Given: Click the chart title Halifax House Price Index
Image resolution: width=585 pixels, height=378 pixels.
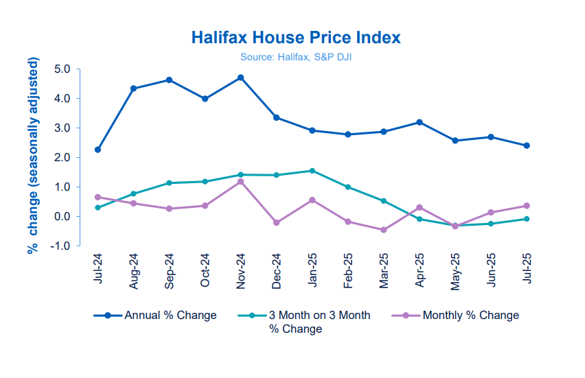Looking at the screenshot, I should (296, 37).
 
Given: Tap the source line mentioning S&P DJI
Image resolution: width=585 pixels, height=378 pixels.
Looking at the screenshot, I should (296, 57).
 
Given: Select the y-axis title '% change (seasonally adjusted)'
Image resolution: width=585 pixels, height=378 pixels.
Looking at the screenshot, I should (32, 157).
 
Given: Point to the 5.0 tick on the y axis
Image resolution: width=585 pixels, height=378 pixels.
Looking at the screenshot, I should (62, 69).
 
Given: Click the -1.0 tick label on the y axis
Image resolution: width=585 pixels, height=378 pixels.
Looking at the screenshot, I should (60, 246).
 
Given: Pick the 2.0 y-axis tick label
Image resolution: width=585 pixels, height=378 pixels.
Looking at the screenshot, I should (62, 158).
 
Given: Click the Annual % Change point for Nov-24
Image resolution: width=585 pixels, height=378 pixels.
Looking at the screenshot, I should (240, 78).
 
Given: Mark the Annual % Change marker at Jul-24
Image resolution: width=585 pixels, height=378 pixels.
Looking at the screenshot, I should (97, 150).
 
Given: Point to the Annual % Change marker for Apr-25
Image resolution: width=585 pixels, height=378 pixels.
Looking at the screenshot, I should (420, 122).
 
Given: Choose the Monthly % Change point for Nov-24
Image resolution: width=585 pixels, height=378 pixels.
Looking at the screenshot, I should (240, 182).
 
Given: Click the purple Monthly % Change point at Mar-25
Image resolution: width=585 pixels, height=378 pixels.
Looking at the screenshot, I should (384, 230).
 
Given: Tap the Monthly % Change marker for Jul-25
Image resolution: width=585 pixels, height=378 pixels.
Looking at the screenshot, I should (527, 206).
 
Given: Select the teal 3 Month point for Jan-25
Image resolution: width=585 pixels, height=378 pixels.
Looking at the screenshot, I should (312, 171).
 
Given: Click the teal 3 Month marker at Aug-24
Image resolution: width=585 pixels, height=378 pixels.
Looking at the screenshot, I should (133, 193).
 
